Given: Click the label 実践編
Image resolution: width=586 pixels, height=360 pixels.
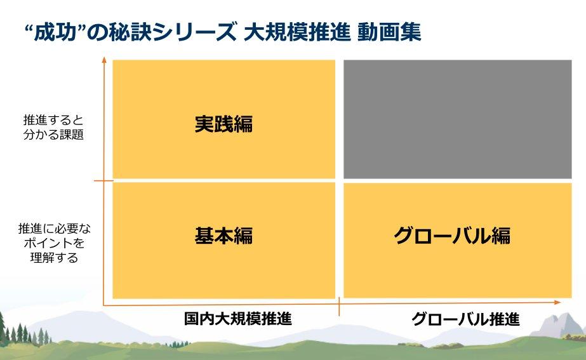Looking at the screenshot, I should pyautogui.click(x=223, y=123).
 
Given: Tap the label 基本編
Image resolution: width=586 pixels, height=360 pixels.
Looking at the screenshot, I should pyautogui.click(x=223, y=236).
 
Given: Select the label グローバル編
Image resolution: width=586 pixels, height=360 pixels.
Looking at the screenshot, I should pyautogui.click(x=451, y=236).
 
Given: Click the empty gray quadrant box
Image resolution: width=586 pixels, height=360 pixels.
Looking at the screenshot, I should pyautogui.click(x=457, y=119).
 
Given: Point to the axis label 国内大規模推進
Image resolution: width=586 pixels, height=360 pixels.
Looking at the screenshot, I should pyautogui.click(x=238, y=318).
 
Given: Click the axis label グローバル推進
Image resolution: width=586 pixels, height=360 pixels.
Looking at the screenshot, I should pyautogui.click(x=465, y=319).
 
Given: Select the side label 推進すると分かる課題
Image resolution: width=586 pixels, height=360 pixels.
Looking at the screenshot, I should pyautogui.click(x=53, y=127).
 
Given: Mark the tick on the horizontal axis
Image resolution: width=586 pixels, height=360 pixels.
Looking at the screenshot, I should pyautogui.click(x=340, y=307).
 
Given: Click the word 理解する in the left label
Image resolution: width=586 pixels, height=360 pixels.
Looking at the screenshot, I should pyautogui.click(x=53, y=258).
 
